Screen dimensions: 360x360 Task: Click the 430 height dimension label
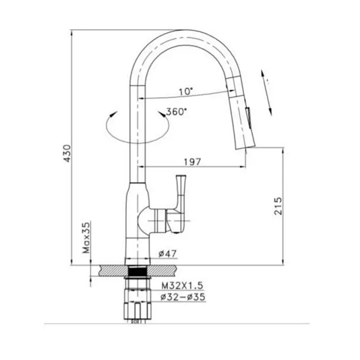[x=67, y=154]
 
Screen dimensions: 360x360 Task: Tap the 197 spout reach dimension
[x=192, y=162]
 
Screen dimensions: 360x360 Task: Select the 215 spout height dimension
[x=278, y=206]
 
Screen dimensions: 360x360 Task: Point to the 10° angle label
[x=186, y=92]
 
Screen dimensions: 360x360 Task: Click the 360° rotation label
[x=176, y=112]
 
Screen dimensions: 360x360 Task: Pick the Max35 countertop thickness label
[x=86, y=237]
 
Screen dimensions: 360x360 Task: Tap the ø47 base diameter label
[x=168, y=253]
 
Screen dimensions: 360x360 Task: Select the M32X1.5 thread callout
[x=182, y=286]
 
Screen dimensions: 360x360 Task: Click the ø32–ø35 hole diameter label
[x=183, y=297]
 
